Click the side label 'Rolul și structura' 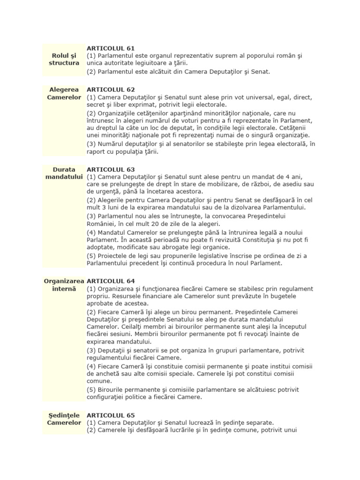(64, 59)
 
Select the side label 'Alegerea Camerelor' (64, 93)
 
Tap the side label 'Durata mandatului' (64, 173)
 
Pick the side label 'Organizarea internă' (64, 285)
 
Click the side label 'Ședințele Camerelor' (64, 419)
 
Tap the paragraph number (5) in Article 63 (91, 255)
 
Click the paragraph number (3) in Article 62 (91, 144)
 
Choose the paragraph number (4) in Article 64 (91, 366)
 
